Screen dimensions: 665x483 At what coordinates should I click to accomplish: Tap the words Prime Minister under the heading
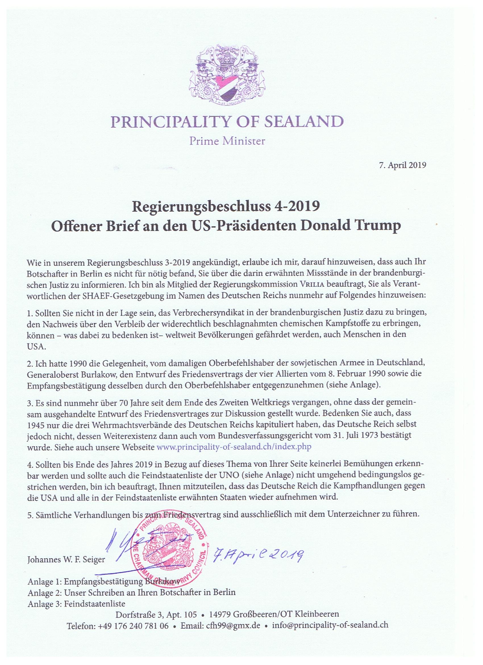click(x=227, y=141)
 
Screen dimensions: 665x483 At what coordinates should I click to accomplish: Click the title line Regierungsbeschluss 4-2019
click(x=226, y=207)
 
